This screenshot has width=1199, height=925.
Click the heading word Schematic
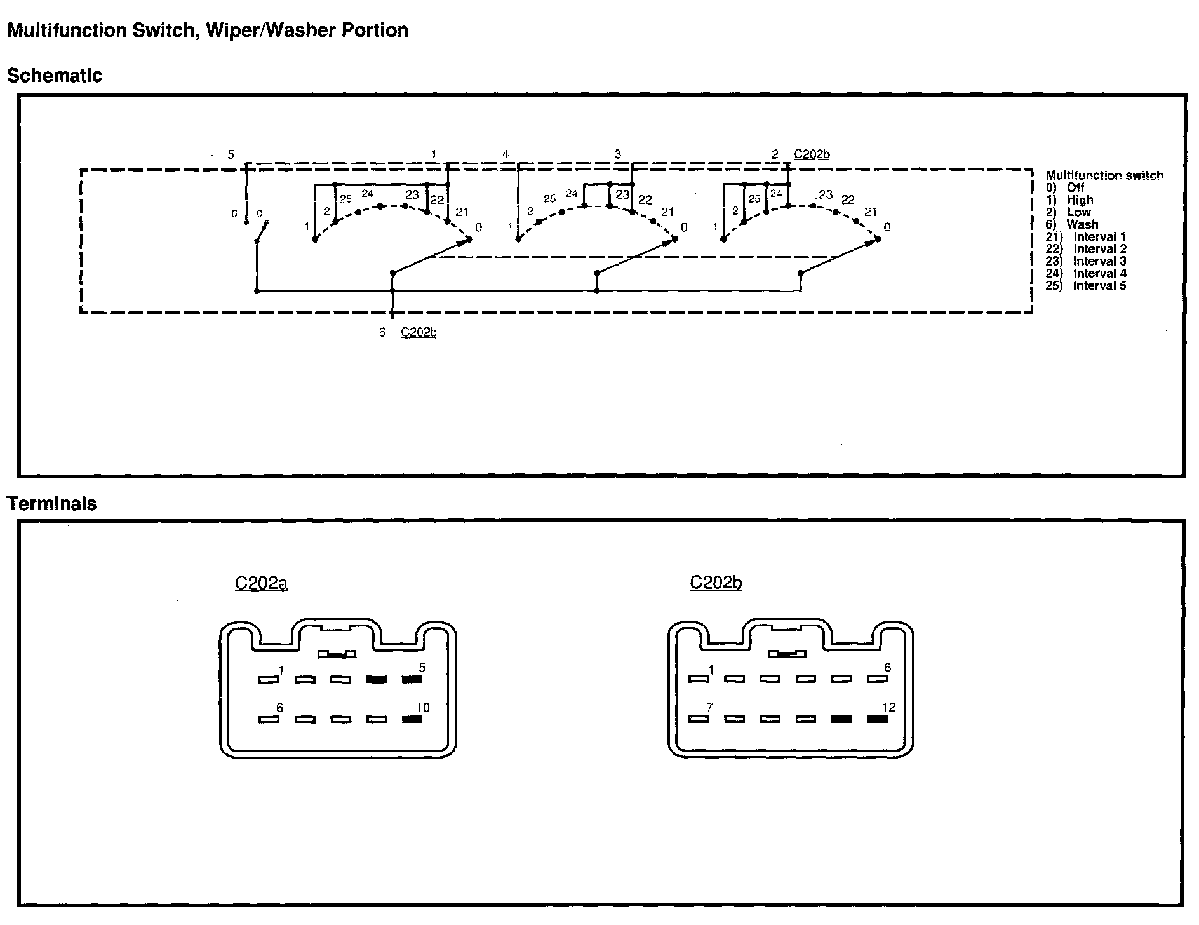[54, 76]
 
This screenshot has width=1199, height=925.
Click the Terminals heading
[51, 504]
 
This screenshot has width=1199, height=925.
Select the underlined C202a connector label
[261, 583]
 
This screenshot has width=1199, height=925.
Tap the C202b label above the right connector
[716, 583]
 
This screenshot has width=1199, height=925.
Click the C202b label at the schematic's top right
[812, 154]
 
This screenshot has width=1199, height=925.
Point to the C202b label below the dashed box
[419, 332]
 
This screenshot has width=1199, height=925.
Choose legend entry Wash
[1082, 224]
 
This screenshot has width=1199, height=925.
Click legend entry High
[1080, 200]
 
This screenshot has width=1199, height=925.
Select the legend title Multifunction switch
[1104, 175]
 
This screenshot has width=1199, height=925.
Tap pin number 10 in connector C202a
[422, 708]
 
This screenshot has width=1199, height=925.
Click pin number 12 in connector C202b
[888, 708]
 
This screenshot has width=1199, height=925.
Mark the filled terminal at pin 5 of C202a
[412, 680]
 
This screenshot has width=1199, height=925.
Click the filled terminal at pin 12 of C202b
[877, 719]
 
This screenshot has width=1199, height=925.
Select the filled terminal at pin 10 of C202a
[412, 720]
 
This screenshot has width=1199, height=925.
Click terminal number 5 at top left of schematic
[231, 154]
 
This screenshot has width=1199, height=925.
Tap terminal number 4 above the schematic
[506, 154]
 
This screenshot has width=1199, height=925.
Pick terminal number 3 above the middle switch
[617, 154]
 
